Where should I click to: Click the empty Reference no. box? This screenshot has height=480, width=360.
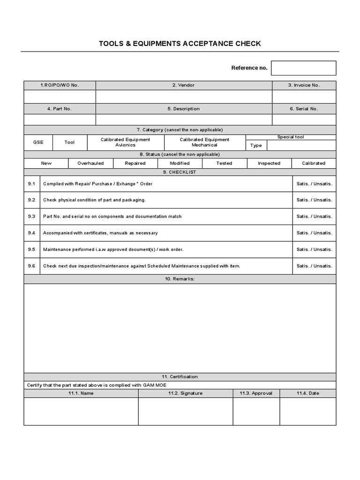(303, 68)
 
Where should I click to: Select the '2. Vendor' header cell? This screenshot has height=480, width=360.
(183, 85)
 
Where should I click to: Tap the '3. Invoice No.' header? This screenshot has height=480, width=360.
(304, 85)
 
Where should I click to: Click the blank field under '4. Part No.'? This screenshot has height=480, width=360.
(60, 120)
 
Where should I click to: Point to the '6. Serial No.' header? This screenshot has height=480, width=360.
(304, 109)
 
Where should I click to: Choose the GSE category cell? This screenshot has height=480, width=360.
(38, 142)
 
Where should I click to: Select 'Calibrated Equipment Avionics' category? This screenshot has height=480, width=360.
(126, 142)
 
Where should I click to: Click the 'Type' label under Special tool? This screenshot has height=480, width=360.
(256, 145)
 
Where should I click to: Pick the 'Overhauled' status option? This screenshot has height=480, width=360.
(90, 163)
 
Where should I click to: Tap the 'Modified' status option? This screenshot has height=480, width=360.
(180, 163)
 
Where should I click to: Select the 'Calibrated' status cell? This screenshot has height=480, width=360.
(314, 163)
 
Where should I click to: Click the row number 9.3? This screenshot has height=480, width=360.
(31, 217)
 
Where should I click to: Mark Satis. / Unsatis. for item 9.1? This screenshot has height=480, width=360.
(314, 184)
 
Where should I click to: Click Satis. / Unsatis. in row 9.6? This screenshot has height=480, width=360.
(314, 266)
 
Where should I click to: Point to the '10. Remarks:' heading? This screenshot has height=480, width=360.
(180, 279)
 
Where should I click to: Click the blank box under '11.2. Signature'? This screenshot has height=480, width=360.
(186, 411)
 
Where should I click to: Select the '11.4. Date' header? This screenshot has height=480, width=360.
(307, 393)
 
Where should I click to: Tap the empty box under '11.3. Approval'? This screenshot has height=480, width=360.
(256, 411)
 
